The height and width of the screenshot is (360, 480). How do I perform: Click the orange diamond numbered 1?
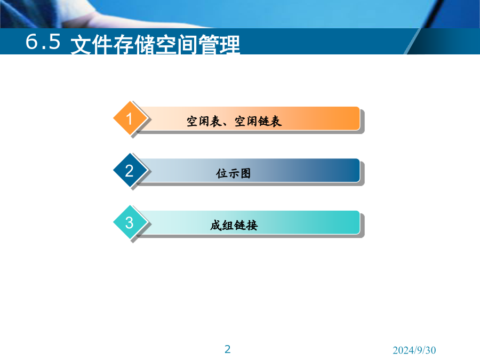tap(130, 118)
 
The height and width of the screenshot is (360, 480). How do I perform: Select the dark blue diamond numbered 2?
tap(130, 170)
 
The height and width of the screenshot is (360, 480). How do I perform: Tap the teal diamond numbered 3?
tap(130, 222)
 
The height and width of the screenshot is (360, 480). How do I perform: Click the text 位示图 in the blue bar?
tap(233, 173)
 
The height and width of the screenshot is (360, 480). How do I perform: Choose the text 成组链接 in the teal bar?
tap(234, 225)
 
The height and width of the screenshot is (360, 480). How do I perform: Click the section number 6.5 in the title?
tap(43, 41)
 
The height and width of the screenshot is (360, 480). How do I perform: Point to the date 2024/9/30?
tap(414, 350)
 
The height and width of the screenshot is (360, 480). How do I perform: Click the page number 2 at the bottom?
tap(227, 349)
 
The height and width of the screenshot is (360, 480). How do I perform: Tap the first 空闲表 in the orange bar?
tap(204, 121)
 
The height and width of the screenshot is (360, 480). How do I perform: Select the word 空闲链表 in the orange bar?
tap(258, 121)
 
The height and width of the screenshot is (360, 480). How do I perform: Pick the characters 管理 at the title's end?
tap(219, 45)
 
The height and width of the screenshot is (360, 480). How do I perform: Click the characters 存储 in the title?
tap(134, 45)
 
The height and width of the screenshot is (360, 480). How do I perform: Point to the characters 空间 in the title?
tap(177, 45)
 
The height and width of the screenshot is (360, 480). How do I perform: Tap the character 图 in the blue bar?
tap(245, 173)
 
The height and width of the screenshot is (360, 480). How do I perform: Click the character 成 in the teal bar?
tap(216, 225)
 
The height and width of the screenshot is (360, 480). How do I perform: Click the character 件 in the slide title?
tap(102, 45)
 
